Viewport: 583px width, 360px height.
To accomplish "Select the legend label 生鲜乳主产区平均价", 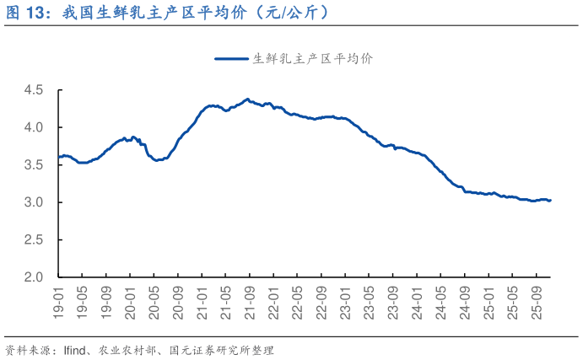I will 313,58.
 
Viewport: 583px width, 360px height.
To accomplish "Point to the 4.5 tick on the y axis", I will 35,90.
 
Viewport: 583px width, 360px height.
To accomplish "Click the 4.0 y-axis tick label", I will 35,127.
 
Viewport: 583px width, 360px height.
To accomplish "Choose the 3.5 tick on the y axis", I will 35,165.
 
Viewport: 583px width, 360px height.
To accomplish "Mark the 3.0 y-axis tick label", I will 35,202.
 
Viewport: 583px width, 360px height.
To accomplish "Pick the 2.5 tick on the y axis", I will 35,240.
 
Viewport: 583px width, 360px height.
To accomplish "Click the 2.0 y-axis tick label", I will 35,277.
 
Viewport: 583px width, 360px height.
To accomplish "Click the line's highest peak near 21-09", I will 246,99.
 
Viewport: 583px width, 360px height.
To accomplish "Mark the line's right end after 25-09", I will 550,201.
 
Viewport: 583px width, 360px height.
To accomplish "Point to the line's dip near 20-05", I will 156,159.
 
